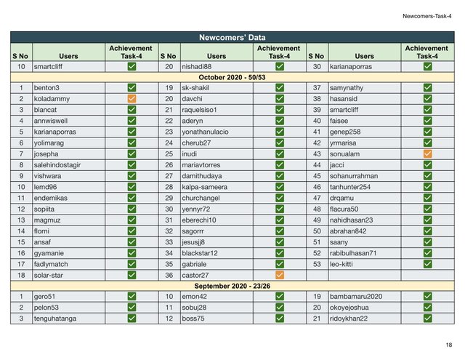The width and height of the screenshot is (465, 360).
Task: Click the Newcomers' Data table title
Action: [232, 37]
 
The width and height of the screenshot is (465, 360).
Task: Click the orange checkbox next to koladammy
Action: [132, 98]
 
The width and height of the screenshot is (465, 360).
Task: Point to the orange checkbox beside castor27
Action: [280, 275]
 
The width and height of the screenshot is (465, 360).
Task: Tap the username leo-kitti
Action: [345, 264]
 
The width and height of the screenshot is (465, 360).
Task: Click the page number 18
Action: [448, 345]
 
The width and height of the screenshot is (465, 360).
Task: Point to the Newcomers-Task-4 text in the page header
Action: [426, 15]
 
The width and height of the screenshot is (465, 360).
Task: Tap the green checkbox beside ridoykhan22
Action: [427, 319]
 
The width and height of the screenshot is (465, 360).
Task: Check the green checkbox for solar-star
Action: [132, 275]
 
